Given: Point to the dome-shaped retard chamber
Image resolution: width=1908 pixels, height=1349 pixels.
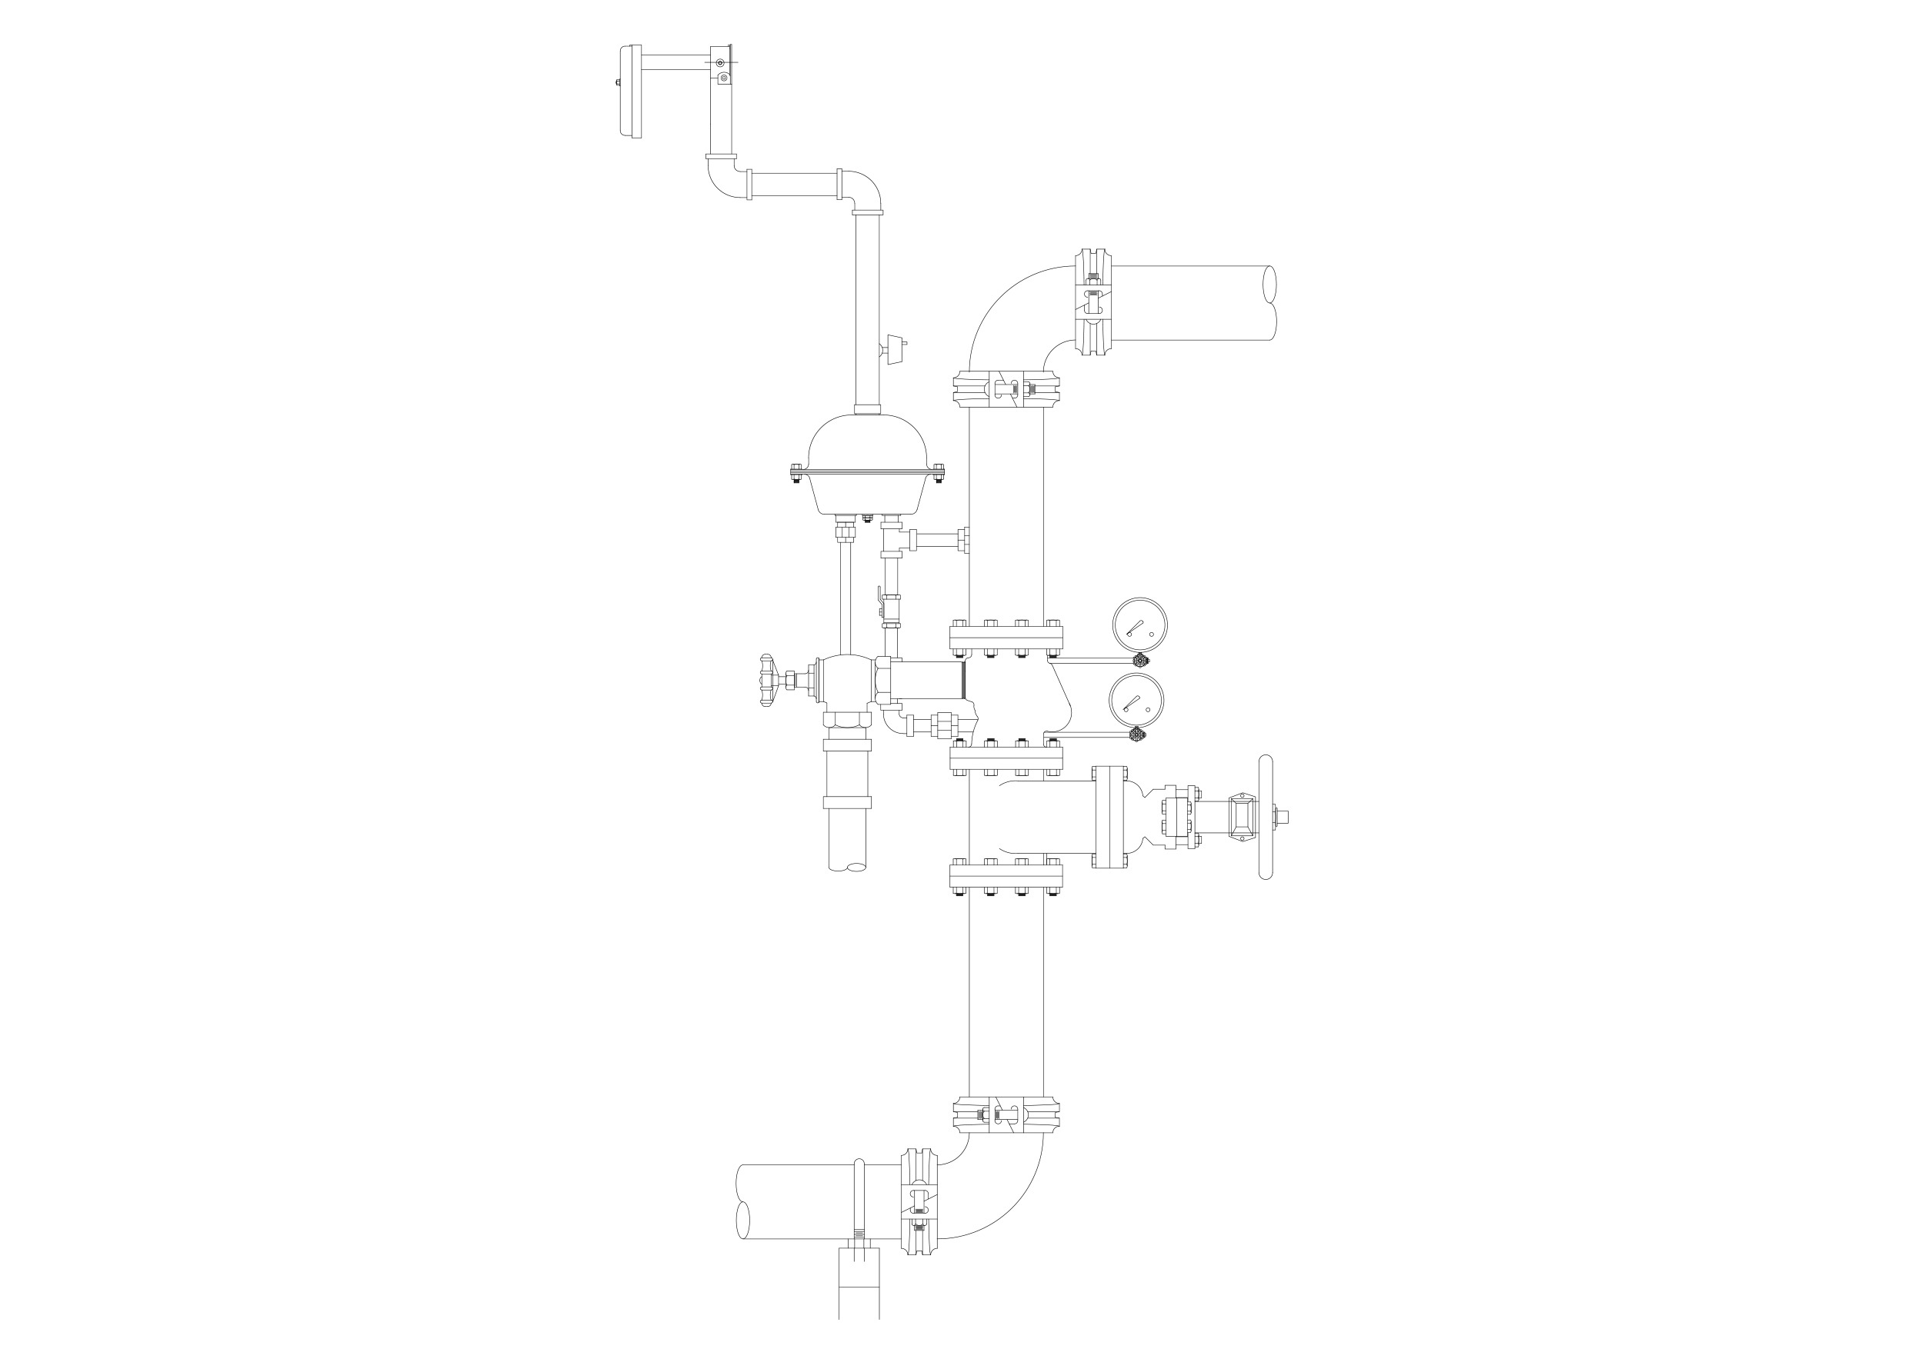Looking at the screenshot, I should pyautogui.click(x=867, y=465).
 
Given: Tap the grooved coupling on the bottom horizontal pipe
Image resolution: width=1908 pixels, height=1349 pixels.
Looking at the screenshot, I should pyautogui.click(x=919, y=1201).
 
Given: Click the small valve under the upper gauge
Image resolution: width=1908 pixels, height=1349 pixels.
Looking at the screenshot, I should pyautogui.click(x=1141, y=661).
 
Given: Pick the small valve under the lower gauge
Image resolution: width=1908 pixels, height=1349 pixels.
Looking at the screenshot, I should pyautogui.click(x=1136, y=734).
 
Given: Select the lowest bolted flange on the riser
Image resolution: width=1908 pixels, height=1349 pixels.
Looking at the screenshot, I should pyautogui.click(x=1006, y=874).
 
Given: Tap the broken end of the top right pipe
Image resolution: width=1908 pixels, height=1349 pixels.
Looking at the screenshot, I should pyautogui.click(x=1269, y=303).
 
